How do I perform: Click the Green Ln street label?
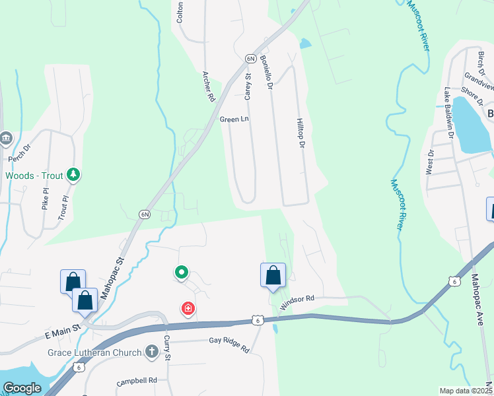pos(234,119)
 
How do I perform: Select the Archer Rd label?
pos(209,86)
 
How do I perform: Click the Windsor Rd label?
pos(297,299)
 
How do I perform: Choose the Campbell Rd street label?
pos(137,381)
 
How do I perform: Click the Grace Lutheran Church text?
pos(94,352)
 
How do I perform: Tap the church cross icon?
pos(152,352)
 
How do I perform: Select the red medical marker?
pos(188,308)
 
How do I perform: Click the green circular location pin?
pos(181,271)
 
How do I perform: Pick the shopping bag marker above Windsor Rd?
pos(273,275)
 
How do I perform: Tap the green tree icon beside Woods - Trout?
pos(75,175)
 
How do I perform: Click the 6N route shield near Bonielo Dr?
pos(250,58)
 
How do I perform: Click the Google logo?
pos(22,388)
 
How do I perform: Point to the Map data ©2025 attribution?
pos(466,391)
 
